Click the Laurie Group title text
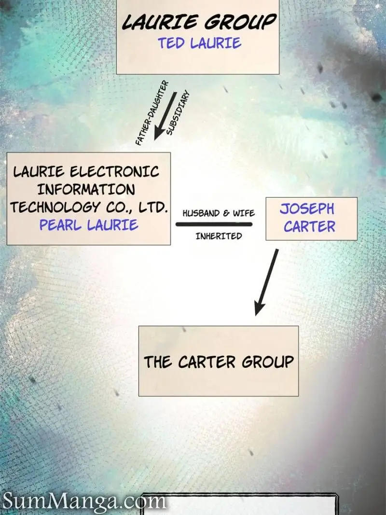coord(199,22)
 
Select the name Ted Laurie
coord(200,43)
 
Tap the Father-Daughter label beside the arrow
coord(152,112)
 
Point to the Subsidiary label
coord(178,112)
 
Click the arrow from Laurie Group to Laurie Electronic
coord(165,116)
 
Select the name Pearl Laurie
coord(89,225)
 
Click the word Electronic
coord(114,171)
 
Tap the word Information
coord(86,190)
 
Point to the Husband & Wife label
coord(219,213)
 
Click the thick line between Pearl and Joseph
coord(214,224)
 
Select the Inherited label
coord(219,236)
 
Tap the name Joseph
coord(307,209)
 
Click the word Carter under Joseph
coord(309,227)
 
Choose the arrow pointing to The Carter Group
coord(266,282)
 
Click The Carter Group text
coord(219,362)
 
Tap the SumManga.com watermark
coord(84,501)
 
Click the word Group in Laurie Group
coord(240,22)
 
